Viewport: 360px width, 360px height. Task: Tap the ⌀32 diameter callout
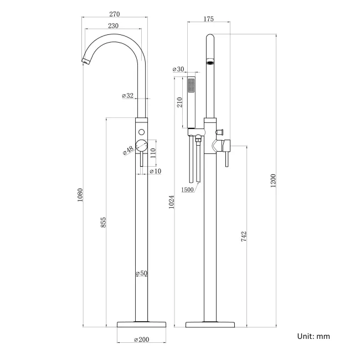click(x=128, y=96)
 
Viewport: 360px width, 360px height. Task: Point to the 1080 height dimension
click(x=79, y=194)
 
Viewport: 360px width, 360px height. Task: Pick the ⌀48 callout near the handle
click(x=128, y=150)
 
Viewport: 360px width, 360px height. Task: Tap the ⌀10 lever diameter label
click(x=156, y=171)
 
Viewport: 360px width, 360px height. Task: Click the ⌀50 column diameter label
click(x=142, y=274)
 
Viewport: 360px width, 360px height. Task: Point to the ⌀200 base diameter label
click(x=142, y=340)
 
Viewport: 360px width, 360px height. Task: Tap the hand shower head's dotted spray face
click(x=192, y=85)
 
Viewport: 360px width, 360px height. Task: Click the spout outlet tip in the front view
click(x=86, y=60)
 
